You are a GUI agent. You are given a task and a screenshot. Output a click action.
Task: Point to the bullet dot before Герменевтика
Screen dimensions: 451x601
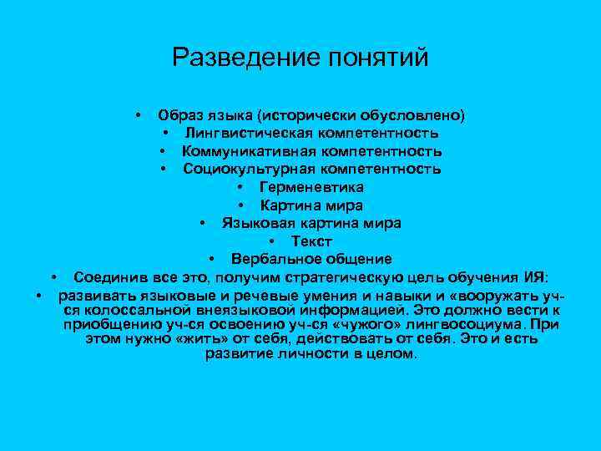[240, 187]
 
